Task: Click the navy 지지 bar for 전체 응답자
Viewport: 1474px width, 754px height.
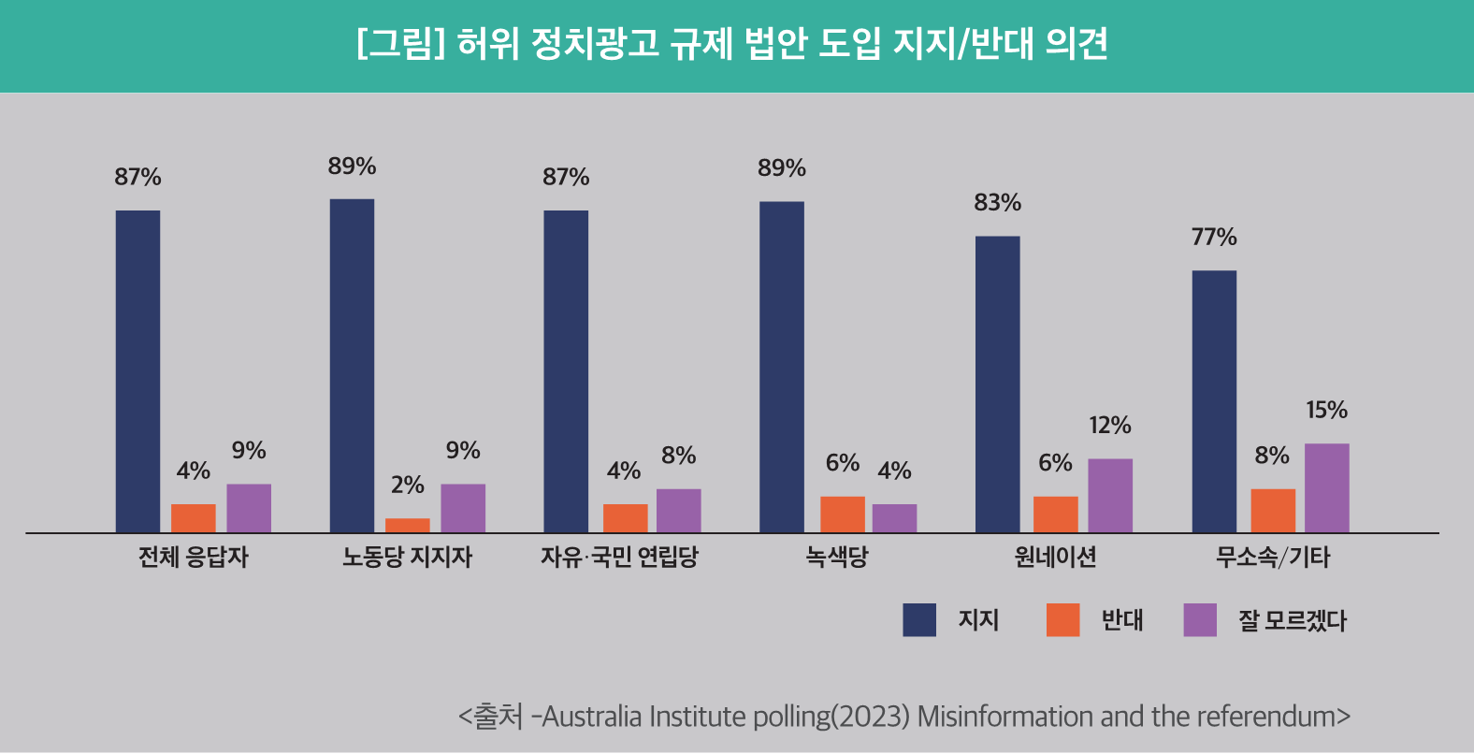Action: pyautogui.click(x=137, y=371)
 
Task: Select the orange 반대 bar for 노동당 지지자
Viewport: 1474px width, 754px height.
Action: pyautogui.click(x=408, y=525)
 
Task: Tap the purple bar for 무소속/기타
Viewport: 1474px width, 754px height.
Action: pyautogui.click(x=1326, y=487)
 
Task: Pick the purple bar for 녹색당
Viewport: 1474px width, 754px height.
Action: pyautogui.click(x=894, y=518)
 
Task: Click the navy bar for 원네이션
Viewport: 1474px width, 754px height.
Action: pyautogui.click(x=997, y=384)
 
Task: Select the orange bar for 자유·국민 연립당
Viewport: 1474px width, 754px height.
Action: pyautogui.click(x=625, y=518)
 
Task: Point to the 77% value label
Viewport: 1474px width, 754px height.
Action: pyautogui.click(x=1214, y=238)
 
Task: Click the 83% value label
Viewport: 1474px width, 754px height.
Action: pyautogui.click(x=997, y=203)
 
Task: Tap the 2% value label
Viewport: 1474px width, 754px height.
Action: pyautogui.click(x=408, y=486)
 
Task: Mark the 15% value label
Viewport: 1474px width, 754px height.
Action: pyautogui.click(x=1326, y=411)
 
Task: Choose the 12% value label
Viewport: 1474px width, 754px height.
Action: pyautogui.click(x=1110, y=426)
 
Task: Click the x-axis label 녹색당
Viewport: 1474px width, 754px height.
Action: pyautogui.click(x=837, y=558)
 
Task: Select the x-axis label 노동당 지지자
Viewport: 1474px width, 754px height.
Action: pyautogui.click(x=408, y=558)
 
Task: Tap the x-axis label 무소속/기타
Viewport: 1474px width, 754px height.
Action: pyautogui.click(x=1272, y=558)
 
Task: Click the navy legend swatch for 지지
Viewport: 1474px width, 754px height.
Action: pyautogui.click(x=919, y=620)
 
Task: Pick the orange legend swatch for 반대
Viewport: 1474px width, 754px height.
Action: pyautogui.click(x=1062, y=620)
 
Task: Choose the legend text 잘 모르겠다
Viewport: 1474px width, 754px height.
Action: pyautogui.click(x=1292, y=620)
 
